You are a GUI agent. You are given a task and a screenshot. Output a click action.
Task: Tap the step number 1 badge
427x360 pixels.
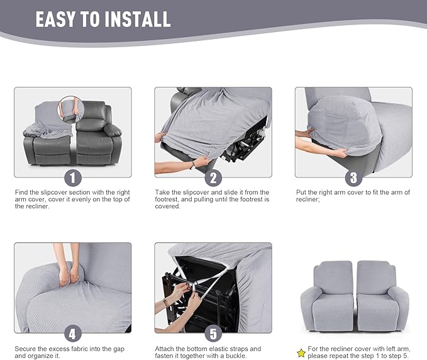click(x=72, y=177)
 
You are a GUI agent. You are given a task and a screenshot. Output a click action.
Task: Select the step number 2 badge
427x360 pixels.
click(x=213, y=177)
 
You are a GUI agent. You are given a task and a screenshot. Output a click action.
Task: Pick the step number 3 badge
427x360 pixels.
click(x=353, y=177)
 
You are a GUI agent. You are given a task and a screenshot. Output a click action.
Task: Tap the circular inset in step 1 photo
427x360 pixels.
click(x=70, y=107)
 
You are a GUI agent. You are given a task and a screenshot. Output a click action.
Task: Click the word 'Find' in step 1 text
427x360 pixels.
click(x=21, y=192)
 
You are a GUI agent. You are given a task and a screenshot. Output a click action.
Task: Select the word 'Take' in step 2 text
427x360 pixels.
click(x=162, y=192)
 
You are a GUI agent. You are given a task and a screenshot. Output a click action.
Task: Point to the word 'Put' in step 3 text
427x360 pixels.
click(x=301, y=192)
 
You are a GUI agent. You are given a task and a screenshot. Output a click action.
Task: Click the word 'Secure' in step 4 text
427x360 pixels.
click(x=26, y=348)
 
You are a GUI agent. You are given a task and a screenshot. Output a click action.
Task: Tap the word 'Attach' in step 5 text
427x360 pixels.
click(x=165, y=348)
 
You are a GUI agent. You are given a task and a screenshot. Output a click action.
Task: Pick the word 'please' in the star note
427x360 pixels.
click(x=318, y=355)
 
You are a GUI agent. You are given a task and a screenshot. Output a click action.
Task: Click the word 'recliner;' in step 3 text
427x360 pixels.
click(x=308, y=200)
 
